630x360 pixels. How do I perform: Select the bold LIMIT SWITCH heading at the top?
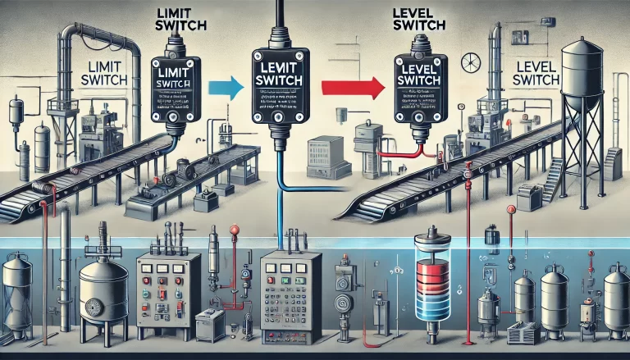tap(181, 21)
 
